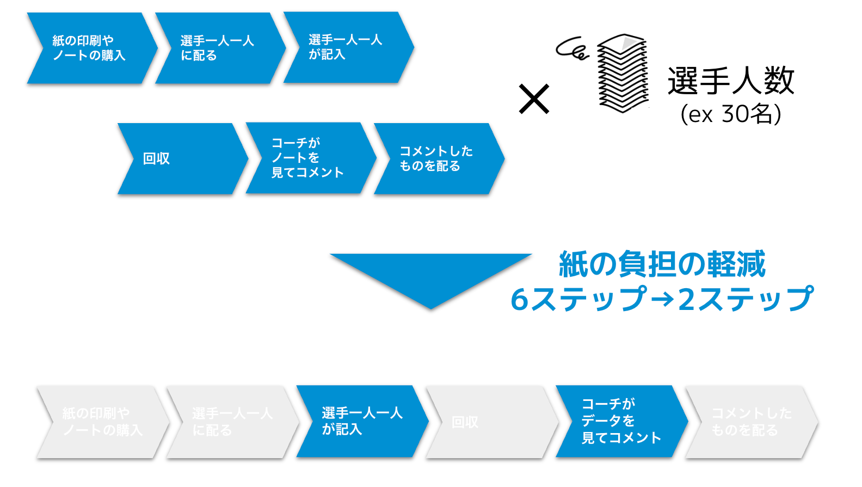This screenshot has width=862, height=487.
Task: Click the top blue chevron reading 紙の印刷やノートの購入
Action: [90, 48]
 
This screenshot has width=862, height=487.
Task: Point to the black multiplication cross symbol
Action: [534, 99]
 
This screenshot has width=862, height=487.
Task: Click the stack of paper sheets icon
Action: [623, 74]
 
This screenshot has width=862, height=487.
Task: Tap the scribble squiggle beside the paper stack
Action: [572, 48]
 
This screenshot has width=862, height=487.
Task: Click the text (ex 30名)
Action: [731, 114]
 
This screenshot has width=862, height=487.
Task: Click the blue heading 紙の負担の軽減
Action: [662, 265]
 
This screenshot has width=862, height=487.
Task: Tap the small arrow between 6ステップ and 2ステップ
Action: [662, 300]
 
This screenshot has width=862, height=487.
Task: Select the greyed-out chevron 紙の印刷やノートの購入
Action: [101, 422]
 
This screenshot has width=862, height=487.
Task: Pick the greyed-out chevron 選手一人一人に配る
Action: [231, 422]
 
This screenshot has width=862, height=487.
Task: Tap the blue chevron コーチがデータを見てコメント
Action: [620, 422]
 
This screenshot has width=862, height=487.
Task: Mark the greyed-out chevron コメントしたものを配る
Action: [750, 422]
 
